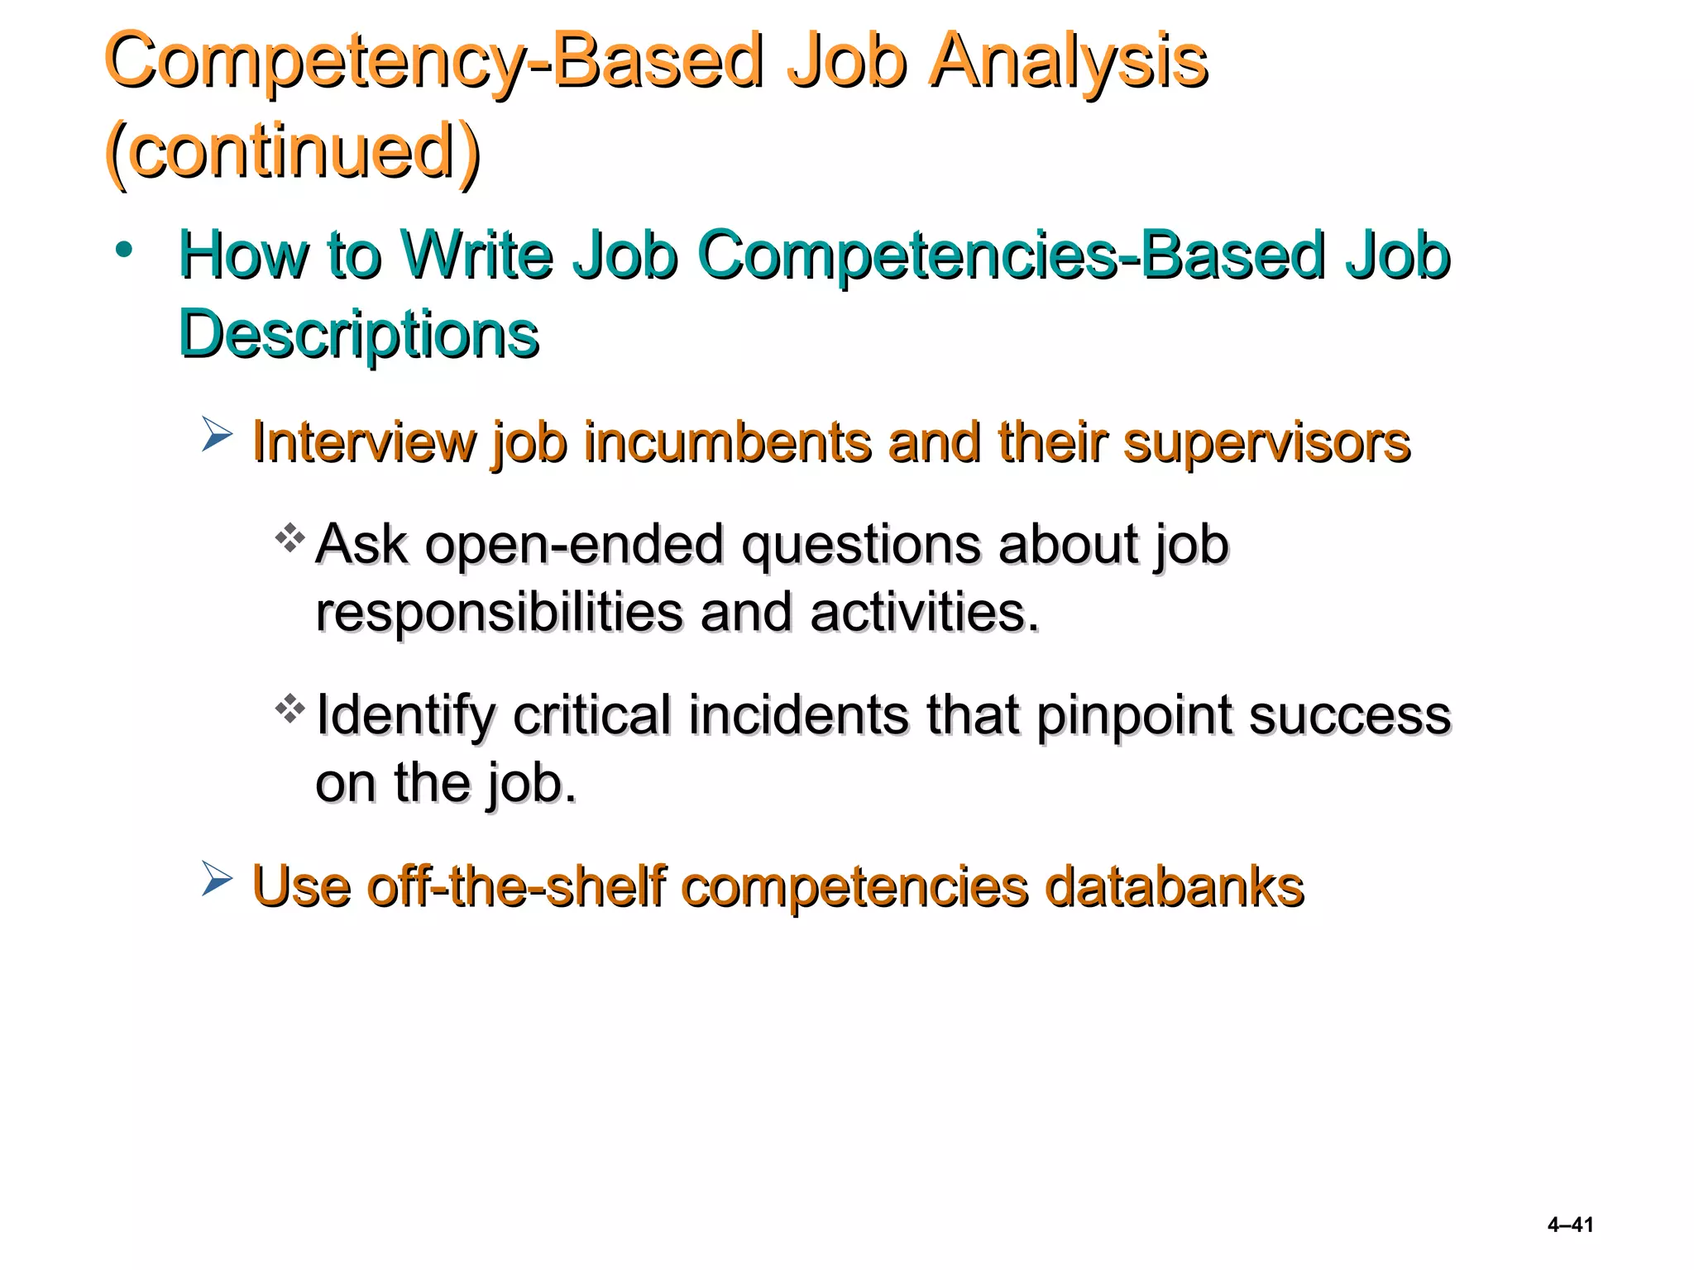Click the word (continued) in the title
[293, 151]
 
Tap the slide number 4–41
[1570, 1225]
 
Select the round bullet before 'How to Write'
[124, 250]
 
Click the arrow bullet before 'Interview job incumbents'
[217, 435]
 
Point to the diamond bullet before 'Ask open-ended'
[290, 538]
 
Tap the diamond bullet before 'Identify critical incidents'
[290, 709]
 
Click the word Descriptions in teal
[359, 334]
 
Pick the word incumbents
[727, 442]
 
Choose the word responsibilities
[499, 613]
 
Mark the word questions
[860, 546]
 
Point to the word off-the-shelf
[516, 886]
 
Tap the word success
[1349, 714]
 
